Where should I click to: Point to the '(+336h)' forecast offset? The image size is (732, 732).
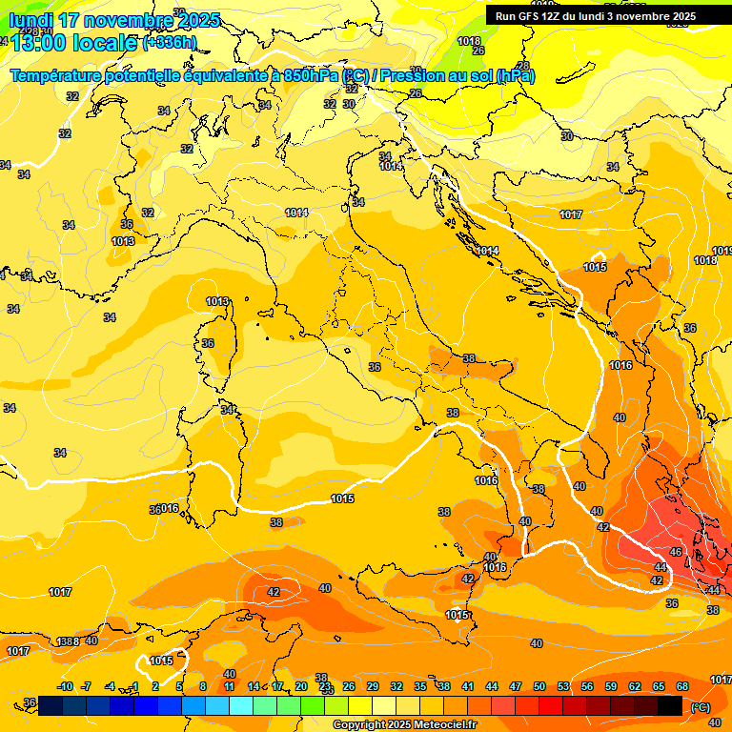click(x=169, y=43)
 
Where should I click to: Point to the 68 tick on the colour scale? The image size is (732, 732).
click(x=682, y=686)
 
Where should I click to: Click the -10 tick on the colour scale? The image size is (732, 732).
click(x=66, y=686)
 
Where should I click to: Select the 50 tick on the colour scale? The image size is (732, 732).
click(x=539, y=686)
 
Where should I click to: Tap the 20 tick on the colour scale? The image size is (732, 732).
click(x=301, y=686)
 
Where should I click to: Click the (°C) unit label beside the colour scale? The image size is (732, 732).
click(x=701, y=706)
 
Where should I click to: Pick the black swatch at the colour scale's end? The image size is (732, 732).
click(x=670, y=704)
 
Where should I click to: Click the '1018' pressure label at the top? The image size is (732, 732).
click(x=469, y=41)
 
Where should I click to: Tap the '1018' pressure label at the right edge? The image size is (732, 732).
click(x=705, y=260)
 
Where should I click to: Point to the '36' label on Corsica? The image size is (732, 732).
click(x=208, y=343)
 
